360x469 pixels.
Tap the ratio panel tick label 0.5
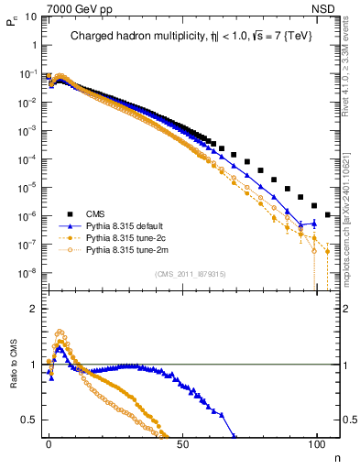pyautogui.click(x=30, y=420)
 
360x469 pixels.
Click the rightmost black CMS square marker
pyautogui.click(x=328, y=214)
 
